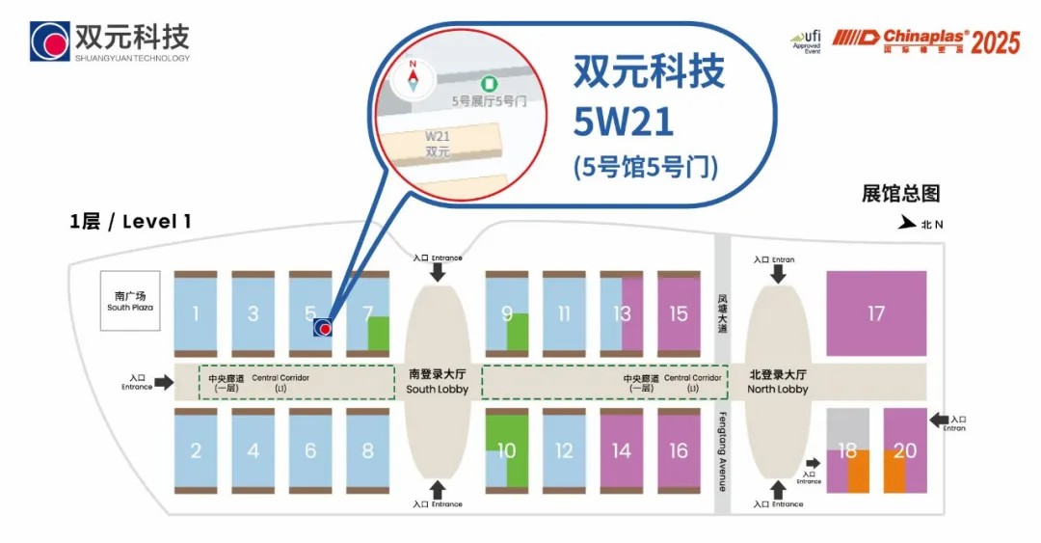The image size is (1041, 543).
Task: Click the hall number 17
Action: point(875,313)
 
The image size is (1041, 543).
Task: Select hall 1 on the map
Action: point(195,313)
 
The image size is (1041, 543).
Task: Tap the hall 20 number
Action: point(905,450)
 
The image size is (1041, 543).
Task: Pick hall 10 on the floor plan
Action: point(507,450)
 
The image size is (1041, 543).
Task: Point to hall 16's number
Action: point(679,450)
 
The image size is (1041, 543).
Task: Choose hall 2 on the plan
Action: point(195,450)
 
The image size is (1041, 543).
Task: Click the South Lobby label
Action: point(437,383)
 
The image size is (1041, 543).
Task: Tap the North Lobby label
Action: point(778,383)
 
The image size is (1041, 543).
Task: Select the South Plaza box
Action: point(130,300)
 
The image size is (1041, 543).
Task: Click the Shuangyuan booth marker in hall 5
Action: point(323,328)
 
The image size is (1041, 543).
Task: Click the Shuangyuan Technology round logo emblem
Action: point(49,41)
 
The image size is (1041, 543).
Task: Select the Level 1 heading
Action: point(130,221)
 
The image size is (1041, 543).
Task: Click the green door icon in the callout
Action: point(489,84)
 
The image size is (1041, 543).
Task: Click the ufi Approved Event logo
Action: point(806,41)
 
